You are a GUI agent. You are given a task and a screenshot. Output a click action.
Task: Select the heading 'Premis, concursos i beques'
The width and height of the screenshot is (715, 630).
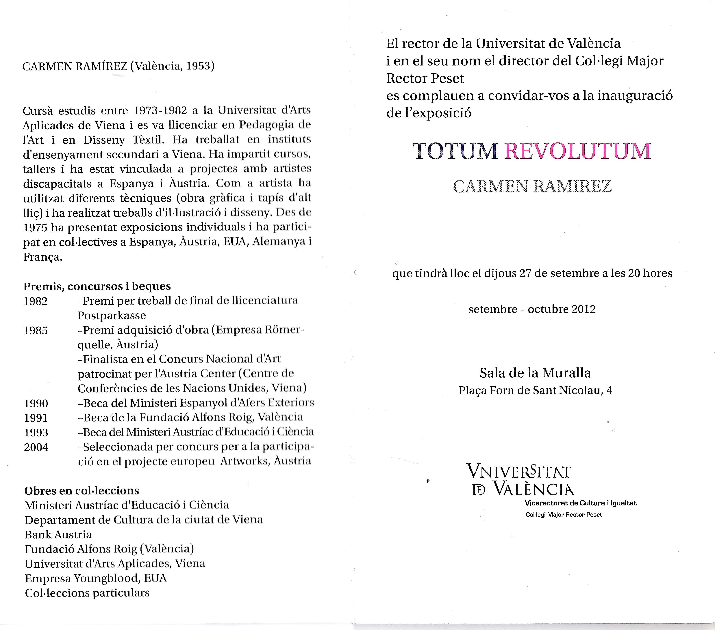(x=97, y=286)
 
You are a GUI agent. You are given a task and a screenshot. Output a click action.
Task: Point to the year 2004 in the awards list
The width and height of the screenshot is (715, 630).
(x=36, y=447)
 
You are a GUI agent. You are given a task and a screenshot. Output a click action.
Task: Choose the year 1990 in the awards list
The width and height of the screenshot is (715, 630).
(x=36, y=404)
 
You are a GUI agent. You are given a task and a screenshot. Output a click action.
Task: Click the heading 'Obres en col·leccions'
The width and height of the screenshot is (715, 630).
(x=81, y=491)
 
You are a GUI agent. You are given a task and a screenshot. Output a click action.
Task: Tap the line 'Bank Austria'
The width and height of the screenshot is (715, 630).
(x=58, y=535)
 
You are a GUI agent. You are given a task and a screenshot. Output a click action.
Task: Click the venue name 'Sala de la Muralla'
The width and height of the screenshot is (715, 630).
(x=535, y=373)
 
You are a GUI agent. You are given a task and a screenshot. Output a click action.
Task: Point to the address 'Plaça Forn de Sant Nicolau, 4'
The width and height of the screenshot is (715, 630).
(x=535, y=390)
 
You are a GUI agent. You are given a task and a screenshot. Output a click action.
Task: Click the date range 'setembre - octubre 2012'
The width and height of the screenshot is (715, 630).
(x=532, y=309)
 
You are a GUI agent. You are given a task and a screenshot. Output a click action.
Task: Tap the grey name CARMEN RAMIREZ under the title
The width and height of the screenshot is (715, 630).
(x=532, y=187)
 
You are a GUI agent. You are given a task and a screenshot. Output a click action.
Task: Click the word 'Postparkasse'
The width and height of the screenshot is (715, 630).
(x=112, y=316)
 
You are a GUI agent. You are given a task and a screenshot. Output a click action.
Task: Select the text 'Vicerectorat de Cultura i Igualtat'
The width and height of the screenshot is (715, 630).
(x=580, y=503)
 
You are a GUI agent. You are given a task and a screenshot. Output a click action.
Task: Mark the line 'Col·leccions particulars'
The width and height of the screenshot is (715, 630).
(x=87, y=593)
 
